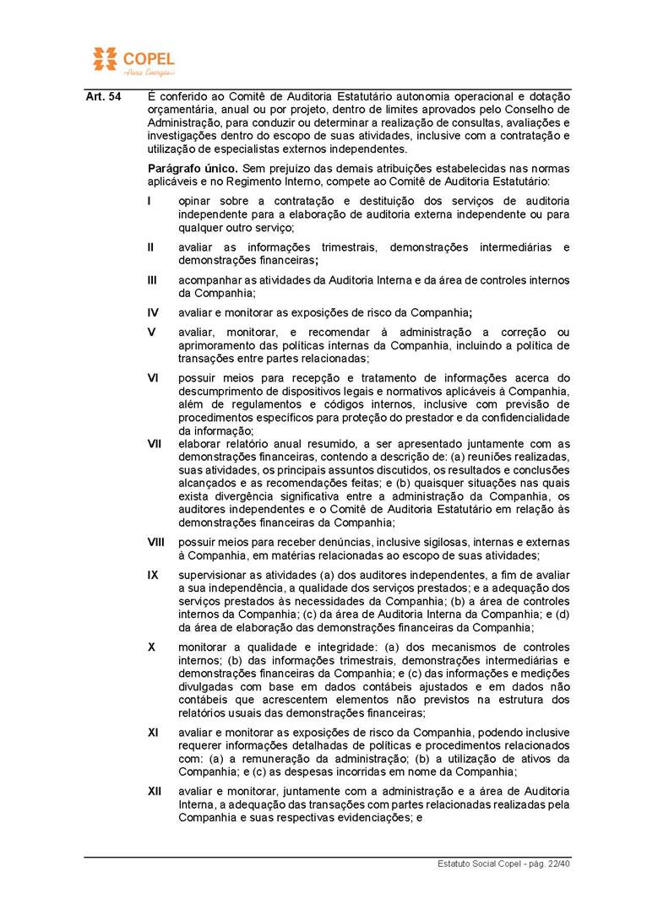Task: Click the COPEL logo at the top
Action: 133,60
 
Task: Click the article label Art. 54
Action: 103,97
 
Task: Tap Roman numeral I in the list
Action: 150,202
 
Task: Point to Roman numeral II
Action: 151,247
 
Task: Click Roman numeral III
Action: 152,280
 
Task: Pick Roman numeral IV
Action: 153,312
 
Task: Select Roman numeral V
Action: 151,333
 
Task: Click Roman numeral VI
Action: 153,378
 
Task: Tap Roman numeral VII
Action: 155,444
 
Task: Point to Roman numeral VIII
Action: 156,542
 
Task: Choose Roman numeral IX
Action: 153,575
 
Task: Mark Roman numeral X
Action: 151,647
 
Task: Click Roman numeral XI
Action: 153,733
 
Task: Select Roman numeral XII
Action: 155,791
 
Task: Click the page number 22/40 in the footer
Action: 557,864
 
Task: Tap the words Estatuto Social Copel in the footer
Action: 476,864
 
